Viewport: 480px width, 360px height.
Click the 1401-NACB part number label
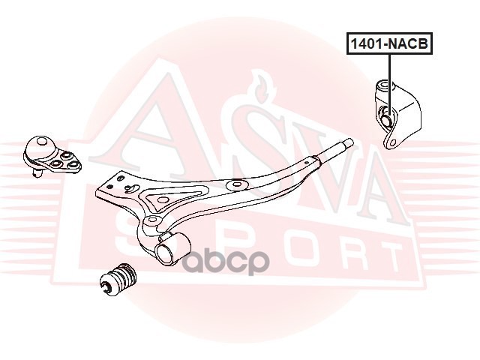point(388,45)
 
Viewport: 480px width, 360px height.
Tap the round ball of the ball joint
point(35,144)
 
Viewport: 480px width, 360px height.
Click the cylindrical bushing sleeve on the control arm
point(172,247)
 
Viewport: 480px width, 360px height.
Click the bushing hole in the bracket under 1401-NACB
point(386,117)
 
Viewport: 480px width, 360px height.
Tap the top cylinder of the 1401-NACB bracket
point(385,89)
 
